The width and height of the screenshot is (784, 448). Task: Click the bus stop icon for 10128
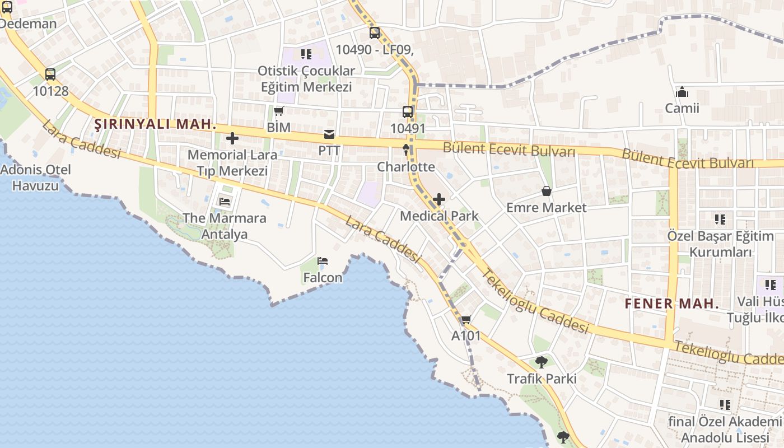[x=50, y=74]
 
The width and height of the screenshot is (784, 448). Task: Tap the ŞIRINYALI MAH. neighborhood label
[x=155, y=124]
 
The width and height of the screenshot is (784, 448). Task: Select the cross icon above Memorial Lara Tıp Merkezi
[x=232, y=138]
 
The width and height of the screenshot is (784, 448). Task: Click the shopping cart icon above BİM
[x=279, y=111]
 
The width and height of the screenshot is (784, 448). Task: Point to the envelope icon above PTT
[x=329, y=134]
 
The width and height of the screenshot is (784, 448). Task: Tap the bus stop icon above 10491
[x=408, y=111]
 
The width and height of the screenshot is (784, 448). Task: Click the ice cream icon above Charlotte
[x=406, y=150]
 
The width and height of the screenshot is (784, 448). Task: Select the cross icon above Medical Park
[x=439, y=199]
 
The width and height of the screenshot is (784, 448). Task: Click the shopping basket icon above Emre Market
[x=547, y=191]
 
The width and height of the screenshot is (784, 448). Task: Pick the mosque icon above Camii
[x=682, y=92]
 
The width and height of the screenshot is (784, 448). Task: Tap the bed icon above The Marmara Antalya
[x=225, y=202]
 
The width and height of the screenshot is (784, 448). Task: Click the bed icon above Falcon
[x=323, y=261]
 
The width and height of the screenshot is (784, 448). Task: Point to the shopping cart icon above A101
[x=466, y=320]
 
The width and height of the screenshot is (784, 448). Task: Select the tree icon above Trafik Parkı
[x=541, y=362]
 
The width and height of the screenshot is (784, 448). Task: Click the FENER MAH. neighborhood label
[x=671, y=304]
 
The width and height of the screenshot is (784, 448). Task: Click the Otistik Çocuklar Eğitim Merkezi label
[x=306, y=79]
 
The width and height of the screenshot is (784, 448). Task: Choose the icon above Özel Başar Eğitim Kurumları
[x=720, y=219]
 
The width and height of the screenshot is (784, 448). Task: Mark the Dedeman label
[x=28, y=24]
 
